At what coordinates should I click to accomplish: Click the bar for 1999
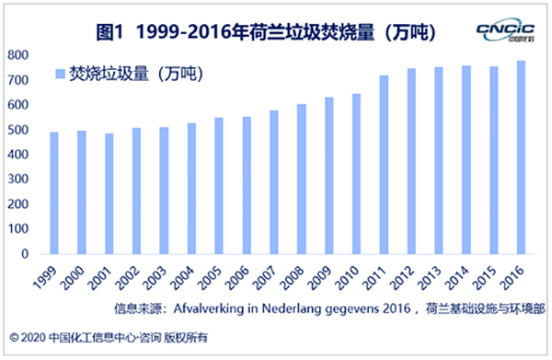click(x=53, y=193)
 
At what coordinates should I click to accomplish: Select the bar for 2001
click(x=109, y=194)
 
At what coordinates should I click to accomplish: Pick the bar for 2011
click(x=384, y=165)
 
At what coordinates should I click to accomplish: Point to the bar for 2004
click(x=191, y=189)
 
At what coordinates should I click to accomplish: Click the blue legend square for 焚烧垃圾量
click(x=60, y=73)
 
